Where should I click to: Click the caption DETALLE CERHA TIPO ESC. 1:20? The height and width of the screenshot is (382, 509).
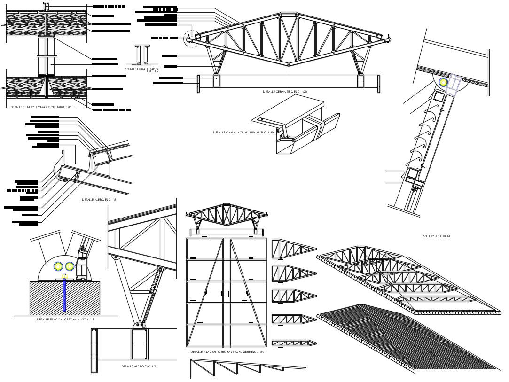click(287, 91)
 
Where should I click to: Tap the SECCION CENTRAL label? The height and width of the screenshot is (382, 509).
click(437, 236)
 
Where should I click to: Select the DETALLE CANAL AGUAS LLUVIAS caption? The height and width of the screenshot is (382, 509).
click(243, 133)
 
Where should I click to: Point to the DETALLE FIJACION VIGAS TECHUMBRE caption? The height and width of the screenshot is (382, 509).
click(44, 107)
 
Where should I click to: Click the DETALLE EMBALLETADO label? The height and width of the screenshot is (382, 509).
click(141, 69)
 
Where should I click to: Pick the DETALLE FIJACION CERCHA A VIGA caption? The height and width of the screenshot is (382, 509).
click(65, 320)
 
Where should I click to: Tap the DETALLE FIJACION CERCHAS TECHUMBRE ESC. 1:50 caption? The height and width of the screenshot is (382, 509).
click(227, 351)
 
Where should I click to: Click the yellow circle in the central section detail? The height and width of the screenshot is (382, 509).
click(443, 82)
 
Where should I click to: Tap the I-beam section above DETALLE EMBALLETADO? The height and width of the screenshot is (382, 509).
click(141, 55)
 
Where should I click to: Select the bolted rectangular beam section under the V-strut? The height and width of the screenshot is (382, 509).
click(139, 345)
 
